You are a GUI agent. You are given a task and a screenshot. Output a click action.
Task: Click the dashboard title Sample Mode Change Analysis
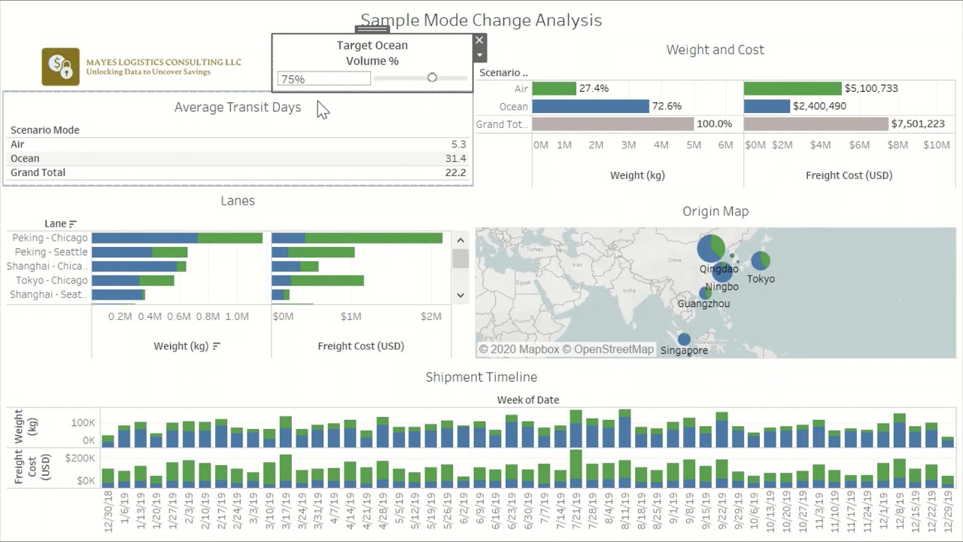point(481,20)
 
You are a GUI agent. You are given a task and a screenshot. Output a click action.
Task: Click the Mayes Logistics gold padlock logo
point(61,67)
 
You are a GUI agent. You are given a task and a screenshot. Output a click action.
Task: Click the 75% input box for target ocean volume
point(324,79)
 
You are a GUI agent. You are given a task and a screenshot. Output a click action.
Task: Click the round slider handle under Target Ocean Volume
point(432,78)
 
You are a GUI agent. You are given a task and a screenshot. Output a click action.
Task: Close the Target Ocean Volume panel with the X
point(479,40)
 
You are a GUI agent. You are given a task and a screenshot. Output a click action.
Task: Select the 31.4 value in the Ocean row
point(455,158)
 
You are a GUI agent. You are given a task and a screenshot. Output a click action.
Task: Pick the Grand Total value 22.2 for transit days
point(455,172)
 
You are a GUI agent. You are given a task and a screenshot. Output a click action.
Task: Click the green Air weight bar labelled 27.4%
point(554,89)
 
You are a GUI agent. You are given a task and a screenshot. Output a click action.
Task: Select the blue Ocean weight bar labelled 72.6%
point(591,106)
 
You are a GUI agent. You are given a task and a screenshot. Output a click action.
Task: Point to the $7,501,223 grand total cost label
point(917,123)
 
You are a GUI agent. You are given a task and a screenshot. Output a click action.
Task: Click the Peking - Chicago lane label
point(50,238)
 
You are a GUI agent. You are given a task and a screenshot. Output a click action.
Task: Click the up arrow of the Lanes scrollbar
point(460,240)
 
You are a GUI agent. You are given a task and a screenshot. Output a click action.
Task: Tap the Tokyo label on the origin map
point(761,279)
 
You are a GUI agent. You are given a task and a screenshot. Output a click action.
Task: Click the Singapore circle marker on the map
point(684,340)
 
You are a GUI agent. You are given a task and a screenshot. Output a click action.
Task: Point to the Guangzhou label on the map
point(703,303)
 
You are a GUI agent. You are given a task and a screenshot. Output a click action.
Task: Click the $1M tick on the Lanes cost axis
point(351,316)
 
